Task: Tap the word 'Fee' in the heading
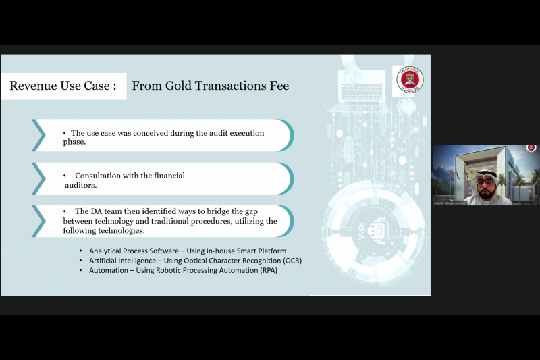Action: click(x=279, y=86)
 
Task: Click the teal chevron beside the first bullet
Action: click(x=38, y=135)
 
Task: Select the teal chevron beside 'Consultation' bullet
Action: click(x=38, y=179)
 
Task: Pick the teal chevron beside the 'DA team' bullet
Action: click(x=38, y=220)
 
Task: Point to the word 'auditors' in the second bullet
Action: click(x=81, y=184)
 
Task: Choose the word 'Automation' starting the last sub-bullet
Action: click(x=110, y=270)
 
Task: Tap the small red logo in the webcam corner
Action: click(x=531, y=148)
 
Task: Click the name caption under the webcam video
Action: click(x=459, y=201)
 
